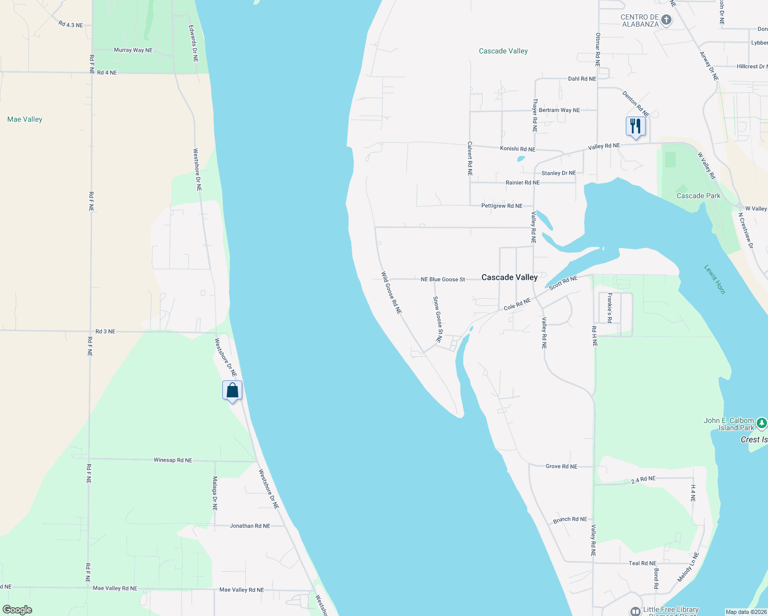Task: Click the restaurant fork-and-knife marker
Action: click(636, 126)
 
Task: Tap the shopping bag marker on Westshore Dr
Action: click(232, 391)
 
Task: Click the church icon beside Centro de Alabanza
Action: click(666, 20)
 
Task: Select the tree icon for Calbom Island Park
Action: click(762, 423)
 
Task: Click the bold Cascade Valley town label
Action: click(509, 277)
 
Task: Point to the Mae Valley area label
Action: click(25, 119)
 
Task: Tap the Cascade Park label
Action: click(698, 196)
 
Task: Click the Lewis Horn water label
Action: click(715, 279)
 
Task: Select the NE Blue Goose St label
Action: click(443, 280)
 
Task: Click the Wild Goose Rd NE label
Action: click(391, 293)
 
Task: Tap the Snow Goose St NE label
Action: click(437, 319)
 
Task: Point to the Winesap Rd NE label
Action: click(173, 460)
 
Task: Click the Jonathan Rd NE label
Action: click(250, 526)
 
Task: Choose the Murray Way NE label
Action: click(133, 50)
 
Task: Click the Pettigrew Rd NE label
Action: click(502, 206)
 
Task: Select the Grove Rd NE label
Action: click(561, 467)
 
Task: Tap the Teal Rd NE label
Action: click(642, 563)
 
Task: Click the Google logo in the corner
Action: click(17, 610)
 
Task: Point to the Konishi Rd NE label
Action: click(517, 149)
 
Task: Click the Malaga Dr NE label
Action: click(215, 493)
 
